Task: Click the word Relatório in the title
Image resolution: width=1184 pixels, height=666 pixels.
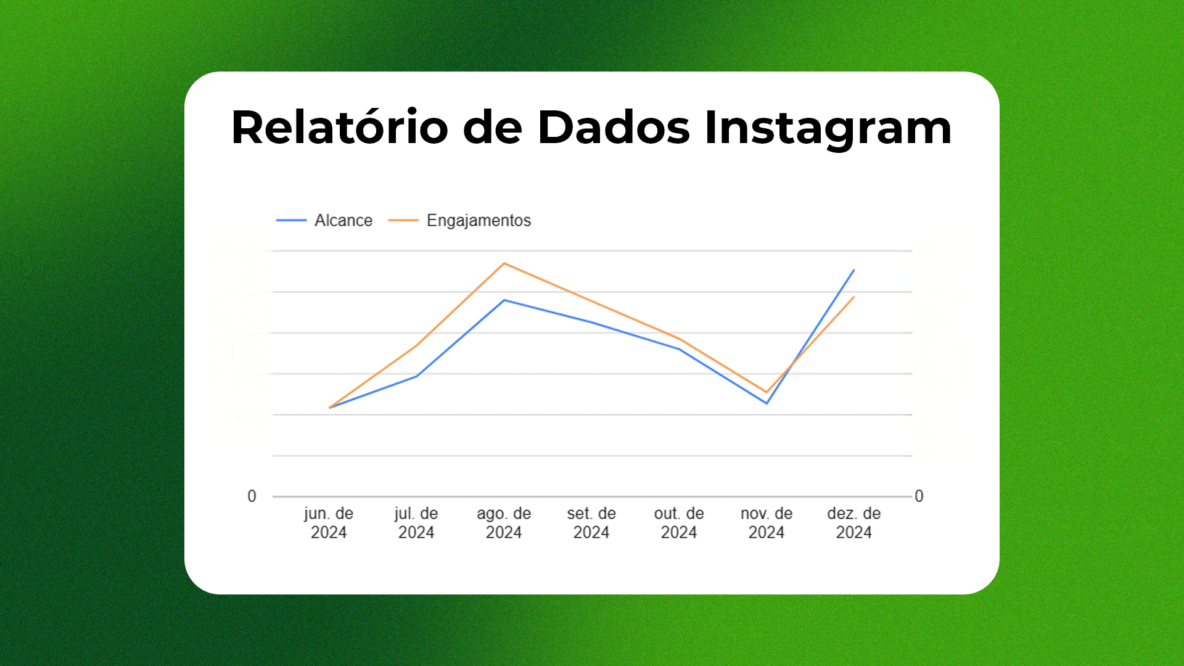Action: coord(339,128)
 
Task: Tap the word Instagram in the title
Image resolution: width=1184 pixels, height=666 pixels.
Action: coord(828,128)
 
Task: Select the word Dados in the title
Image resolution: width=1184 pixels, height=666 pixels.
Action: coord(613,128)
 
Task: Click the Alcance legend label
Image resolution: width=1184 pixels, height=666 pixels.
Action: coord(343,220)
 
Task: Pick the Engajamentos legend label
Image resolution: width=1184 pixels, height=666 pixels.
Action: coord(479,220)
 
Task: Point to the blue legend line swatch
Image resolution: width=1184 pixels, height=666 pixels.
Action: coord(291,220)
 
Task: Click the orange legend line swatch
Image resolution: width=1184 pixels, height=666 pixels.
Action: coord(403,220)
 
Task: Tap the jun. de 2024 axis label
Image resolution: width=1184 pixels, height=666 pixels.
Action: coord(328,522)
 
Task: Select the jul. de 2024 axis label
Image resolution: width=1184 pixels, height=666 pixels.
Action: coord(416,522)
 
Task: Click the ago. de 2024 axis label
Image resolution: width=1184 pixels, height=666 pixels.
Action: coord(504,522)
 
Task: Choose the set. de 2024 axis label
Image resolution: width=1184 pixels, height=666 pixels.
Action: coord(591,522)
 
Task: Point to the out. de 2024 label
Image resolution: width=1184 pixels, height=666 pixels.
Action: coord(679,522)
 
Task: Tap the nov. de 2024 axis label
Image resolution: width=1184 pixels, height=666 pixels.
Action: coord(767,522)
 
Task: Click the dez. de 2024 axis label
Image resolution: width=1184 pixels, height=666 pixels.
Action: coord(854,522)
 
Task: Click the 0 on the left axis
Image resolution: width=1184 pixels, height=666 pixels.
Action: coord(252,496)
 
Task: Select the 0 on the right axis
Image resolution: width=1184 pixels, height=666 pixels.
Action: coord(919,496)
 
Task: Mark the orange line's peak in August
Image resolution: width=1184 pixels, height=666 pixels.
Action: coord(504,263)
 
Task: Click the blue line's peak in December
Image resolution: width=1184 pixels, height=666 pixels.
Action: coord(853,270)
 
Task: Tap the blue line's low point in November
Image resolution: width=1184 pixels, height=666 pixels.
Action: coord(767,403)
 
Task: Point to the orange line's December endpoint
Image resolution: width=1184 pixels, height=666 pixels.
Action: coord(853,297)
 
